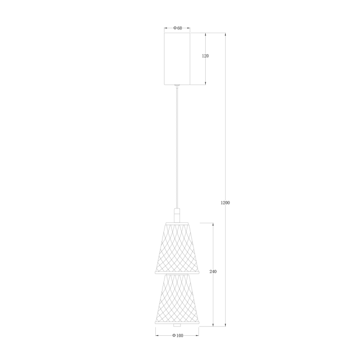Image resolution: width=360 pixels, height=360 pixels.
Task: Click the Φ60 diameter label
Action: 177,28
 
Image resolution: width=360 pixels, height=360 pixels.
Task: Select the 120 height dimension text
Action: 205,56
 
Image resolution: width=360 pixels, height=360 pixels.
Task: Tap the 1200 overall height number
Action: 225,203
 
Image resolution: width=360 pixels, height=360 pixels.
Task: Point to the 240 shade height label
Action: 213,272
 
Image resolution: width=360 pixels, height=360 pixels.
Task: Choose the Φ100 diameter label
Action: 177,335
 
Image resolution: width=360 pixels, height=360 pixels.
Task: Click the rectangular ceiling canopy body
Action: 177,59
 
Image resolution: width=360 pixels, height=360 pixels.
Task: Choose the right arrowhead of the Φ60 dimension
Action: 189,28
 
